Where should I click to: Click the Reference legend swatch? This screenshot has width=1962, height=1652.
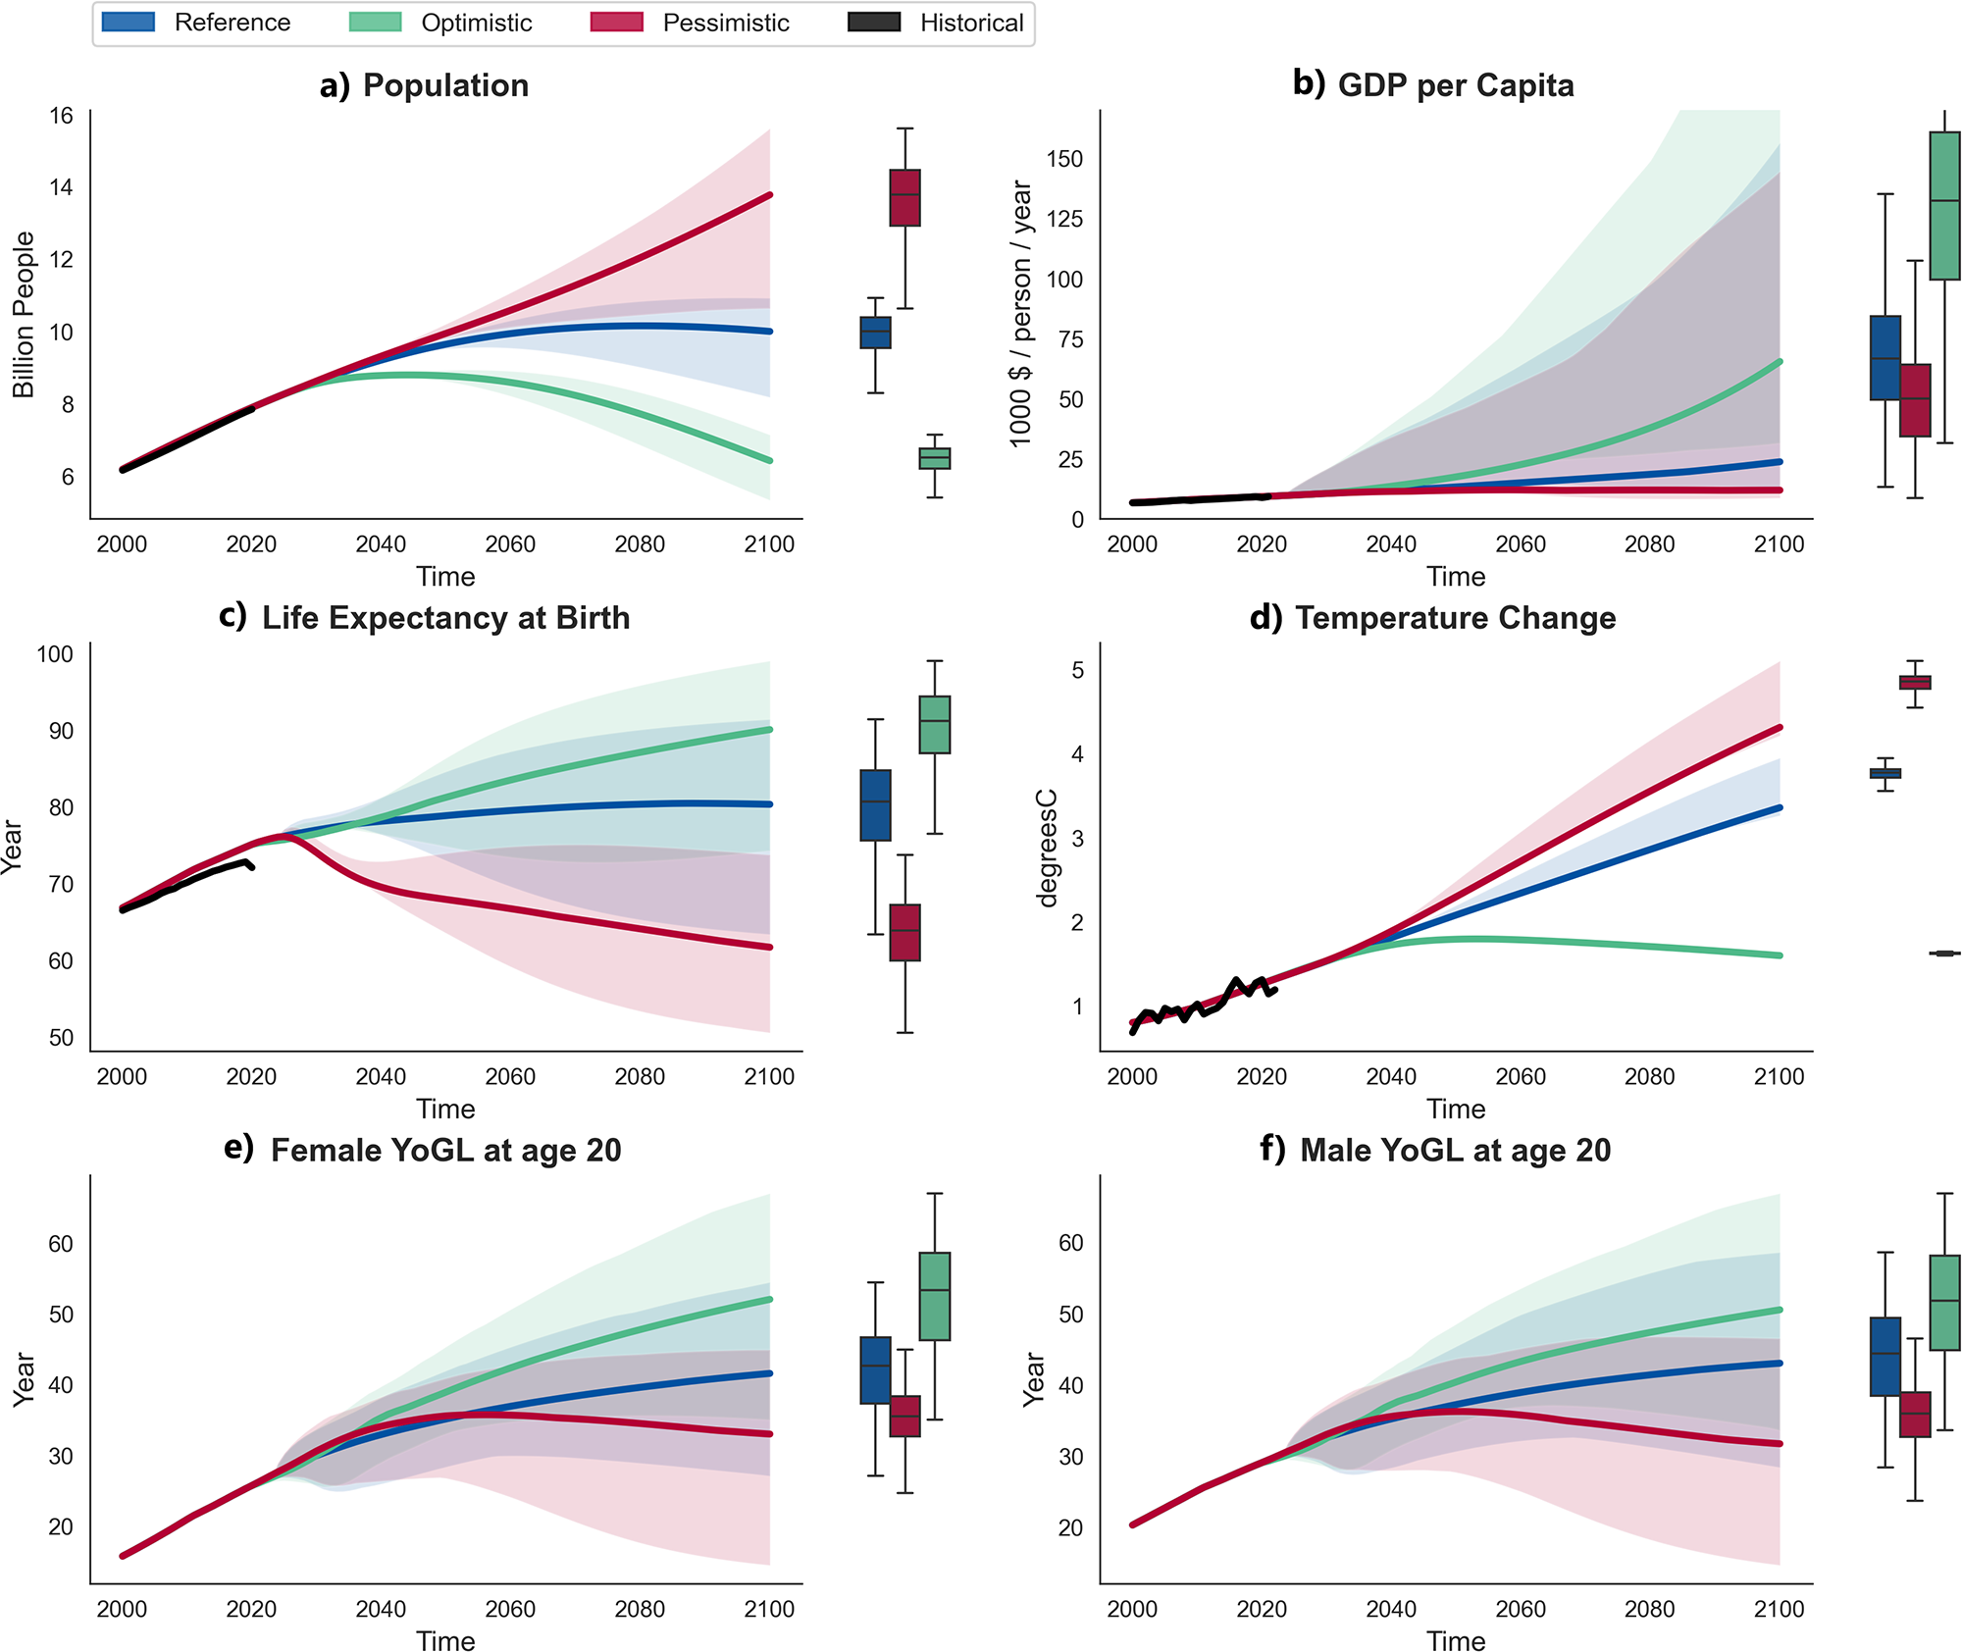click(x=129, y=23)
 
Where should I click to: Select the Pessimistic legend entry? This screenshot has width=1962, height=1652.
click(x=725, y=23)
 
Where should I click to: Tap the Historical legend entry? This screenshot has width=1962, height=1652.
click(x=971, y=23)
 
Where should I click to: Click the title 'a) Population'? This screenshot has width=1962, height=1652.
click(x=424, y=86)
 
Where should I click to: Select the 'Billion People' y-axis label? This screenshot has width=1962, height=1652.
click(x=24, y=315)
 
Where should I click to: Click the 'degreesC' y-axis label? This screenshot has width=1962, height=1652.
click(x=1048, y=848)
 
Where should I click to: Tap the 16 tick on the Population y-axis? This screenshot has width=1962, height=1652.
click(x=61, y=116)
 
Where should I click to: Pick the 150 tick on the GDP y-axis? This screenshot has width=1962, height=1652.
click(x=1064, y=159)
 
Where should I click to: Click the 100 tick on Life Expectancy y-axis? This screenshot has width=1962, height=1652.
click(x=55, y=654)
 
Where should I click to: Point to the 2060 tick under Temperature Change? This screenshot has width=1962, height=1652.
click(x=1520, y=1076)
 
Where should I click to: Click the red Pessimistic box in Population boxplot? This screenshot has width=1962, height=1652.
click(x=904, y=197)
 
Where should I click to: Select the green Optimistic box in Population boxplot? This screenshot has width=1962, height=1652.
click(x=935, y=458)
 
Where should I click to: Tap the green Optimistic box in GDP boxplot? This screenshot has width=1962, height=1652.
click(x=1944, y=206)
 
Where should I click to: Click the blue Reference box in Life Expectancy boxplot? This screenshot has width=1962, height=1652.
click(x=875, y=805)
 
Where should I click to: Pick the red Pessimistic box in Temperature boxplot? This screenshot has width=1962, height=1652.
click(x=1915, y=682)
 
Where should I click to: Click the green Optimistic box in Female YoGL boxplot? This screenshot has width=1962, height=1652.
click(x=935, y=1296)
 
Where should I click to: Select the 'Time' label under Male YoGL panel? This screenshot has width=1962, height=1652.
click(x=1456, y=1640)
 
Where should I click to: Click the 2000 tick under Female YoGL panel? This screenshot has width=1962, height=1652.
click(x=122, y=1609)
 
